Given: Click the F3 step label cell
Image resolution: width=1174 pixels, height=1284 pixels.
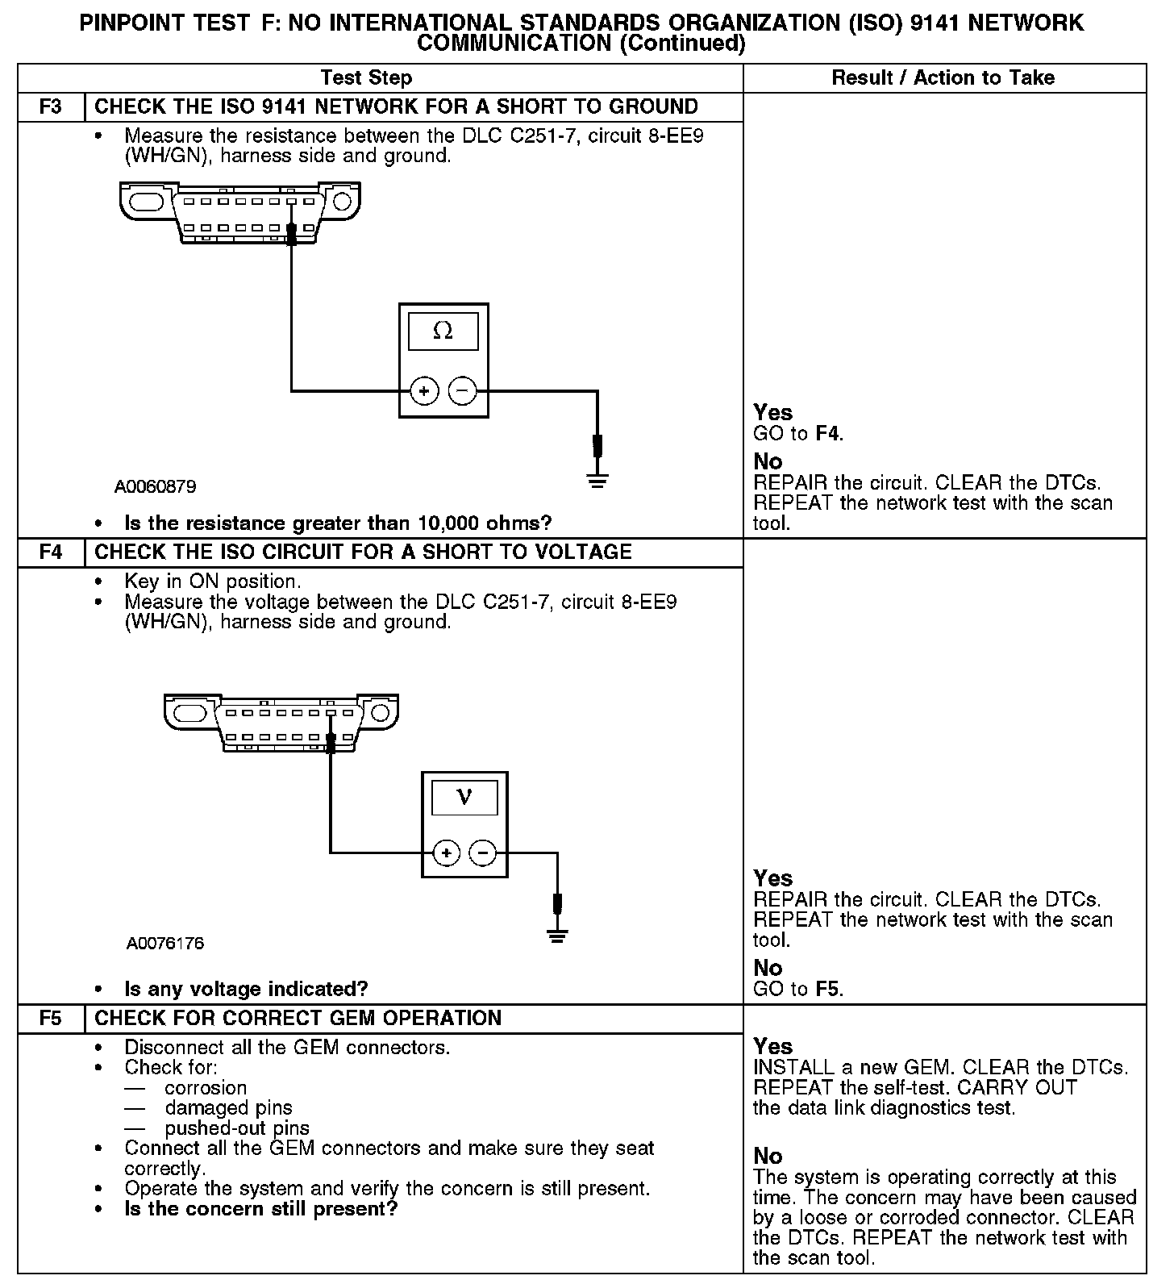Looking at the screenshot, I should pyautogui.click(x=50, y=106).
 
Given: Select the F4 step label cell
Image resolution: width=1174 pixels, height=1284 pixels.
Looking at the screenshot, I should pyautogui.click(x=50, y=552).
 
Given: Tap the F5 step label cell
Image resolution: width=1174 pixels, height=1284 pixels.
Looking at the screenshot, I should pyautogui.click(x=50, y=1019).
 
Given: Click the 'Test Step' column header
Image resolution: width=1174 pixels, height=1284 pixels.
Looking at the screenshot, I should pyautogui.click(x=366, y=78).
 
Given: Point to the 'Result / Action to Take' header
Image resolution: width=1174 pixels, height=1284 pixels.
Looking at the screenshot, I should pyautogui.click(x=943, y=78).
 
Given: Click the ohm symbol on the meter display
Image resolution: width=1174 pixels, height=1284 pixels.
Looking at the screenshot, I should pyautogui.click(x=443, y=331).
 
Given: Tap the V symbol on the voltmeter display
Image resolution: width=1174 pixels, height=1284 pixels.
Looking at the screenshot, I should pyautogui.click(x=464, y=797).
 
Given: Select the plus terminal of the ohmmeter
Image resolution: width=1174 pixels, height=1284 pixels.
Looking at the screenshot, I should pyautogui.click(x=424, y=392).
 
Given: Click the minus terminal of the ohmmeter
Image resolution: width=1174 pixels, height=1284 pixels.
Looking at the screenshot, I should pyautogui.click(x=462, y=392).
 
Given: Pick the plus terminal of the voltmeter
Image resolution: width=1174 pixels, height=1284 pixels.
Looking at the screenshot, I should pyautogui.click(x=447, y=853).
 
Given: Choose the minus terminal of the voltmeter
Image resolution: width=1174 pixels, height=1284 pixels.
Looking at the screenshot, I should pyautogui.click(x=483, y=853).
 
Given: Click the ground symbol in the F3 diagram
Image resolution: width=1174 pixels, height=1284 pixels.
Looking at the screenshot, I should pyautogui.click(x=597, y=481).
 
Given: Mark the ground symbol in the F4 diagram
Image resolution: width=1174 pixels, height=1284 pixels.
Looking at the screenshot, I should pyautogui.click(x=556, y=936).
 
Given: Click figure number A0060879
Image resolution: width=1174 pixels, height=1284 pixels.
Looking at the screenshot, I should pyautogui.click(x=155, y=487).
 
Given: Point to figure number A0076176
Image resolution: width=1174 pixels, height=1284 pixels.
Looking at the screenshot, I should pyautogui.click(x=165, y=943).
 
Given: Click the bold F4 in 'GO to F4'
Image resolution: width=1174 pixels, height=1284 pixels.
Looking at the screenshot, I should pyautogui.click(x=828, y=434).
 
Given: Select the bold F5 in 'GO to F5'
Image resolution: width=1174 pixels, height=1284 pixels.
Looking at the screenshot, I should pyautogui.click(x=828, y=989).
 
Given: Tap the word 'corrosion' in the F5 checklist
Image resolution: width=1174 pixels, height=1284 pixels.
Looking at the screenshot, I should pyautogui.click(x=206, y=1088).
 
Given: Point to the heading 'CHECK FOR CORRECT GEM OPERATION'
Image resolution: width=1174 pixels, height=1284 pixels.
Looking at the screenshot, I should pyautogui.click(x=298, y=1019).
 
